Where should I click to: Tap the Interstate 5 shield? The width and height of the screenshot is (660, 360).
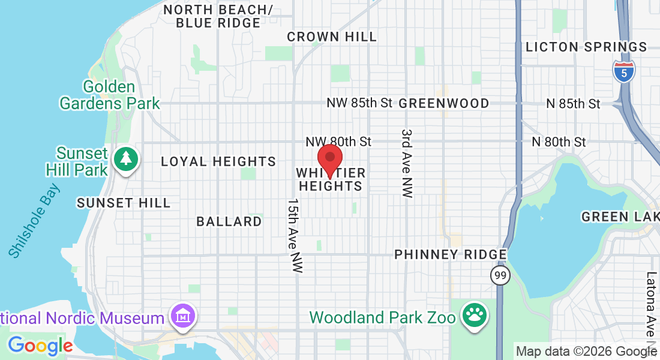pos(624,71)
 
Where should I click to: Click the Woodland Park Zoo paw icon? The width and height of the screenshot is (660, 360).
pos(475,316)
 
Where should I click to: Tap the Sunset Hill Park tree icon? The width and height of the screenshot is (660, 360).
pos(126,159)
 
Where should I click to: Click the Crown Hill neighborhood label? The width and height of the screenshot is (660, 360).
pos(332,37)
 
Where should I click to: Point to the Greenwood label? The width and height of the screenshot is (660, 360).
pos(444,103)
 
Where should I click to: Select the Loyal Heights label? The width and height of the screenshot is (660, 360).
pos(218,161)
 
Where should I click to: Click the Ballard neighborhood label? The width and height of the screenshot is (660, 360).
pos(229,221)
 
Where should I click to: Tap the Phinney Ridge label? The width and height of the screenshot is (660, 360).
pos(451,254)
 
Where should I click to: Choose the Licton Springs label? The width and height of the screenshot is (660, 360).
pos(586,47)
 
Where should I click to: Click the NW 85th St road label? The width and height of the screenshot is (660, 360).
pos(359,103)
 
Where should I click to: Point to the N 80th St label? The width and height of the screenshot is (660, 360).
pos(559,142)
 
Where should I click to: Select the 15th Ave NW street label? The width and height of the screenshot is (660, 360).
pos(294,236)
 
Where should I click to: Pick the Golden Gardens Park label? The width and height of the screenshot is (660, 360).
pos(110,95)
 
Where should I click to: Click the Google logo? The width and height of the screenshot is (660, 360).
pos(40,346)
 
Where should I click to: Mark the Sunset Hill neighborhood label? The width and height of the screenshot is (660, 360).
pos(124,203)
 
